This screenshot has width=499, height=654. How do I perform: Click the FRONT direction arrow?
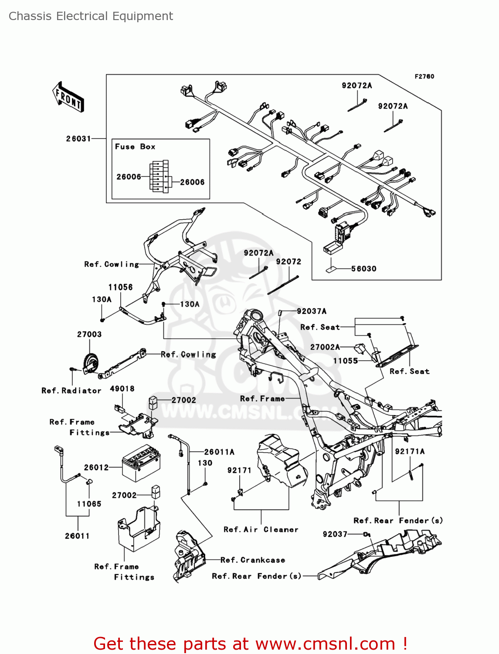[68, 97]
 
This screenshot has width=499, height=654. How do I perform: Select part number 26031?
[78, 139]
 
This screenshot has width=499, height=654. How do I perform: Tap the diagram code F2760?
[424, 77]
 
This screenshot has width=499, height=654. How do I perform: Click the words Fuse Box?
[135, 147]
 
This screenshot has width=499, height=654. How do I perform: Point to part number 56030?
[364, 269]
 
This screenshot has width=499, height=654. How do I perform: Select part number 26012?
[96, 467]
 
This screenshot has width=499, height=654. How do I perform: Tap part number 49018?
[122, 389]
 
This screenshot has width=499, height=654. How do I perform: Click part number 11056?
[120, 287]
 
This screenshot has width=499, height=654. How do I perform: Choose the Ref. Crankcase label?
[253, 560]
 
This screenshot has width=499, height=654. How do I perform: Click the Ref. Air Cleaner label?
[261, 530]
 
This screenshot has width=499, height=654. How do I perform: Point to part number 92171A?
[410, 452]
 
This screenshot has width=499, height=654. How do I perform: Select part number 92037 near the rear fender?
[335, 535]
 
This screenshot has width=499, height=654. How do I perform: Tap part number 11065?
[89, 504]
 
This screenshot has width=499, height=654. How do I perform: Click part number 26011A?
[219, 452]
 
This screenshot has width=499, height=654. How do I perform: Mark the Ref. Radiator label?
[71, 391]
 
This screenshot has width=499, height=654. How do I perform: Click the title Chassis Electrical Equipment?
[91, 16]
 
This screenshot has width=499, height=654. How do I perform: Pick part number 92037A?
[312, 311]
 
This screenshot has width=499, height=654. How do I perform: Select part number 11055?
[346, 361]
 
